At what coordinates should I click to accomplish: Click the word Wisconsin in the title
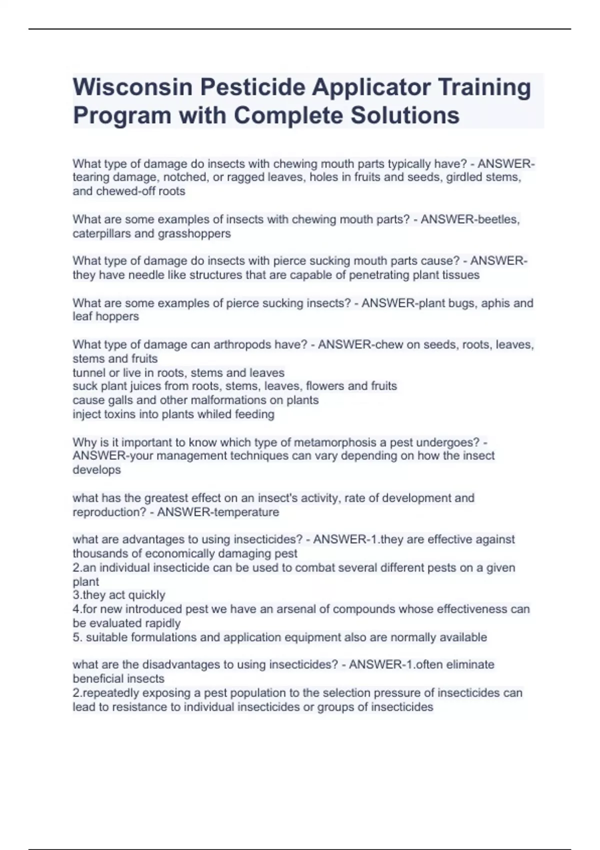(x=132, y=87)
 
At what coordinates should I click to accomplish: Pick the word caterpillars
(x=102, y=233)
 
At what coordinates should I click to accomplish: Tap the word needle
(x=144, y=275)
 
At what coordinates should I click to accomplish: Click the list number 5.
(x=76, y=637)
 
